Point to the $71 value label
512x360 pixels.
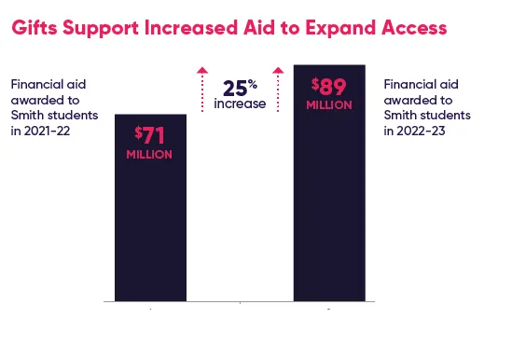tap(149, 136)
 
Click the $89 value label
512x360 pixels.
tap(329, 88)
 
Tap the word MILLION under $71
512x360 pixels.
tap(149, 153)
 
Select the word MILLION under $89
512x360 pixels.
tap(329, 105)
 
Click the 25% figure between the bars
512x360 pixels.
tap(240, 88)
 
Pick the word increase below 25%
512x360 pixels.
tap(240, 104)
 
